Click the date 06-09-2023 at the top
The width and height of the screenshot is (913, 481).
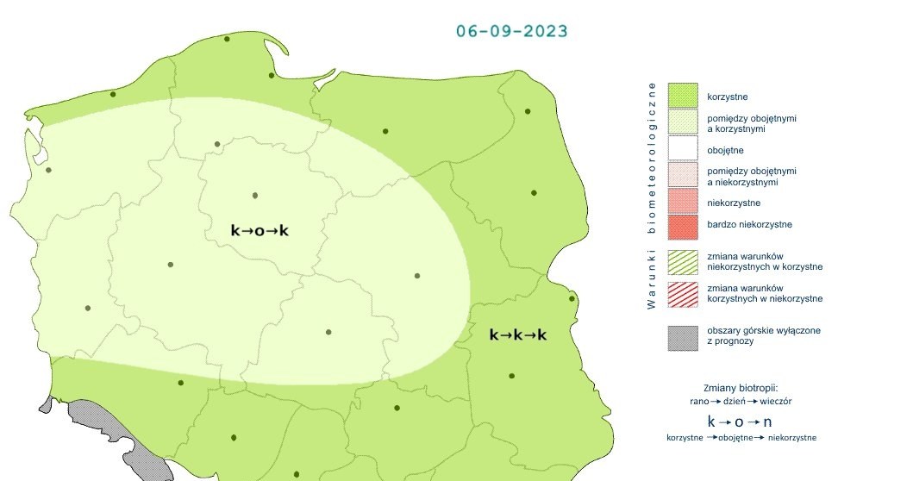tap(511, 31)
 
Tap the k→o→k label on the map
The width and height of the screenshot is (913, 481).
tap(259, 230)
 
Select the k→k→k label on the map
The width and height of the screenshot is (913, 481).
tap(518, 334)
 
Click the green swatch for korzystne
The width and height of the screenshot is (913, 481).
tap(682, 95)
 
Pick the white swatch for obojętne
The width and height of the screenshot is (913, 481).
tap(682, 150)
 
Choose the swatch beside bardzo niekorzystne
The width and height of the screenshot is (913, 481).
tap(682, 227)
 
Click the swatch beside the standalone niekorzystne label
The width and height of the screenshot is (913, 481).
tap(682, 203)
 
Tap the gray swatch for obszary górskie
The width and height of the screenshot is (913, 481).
tap(682, 336)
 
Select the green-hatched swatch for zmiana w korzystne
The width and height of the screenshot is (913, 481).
tap(682, 260)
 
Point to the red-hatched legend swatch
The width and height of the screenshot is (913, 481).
tap(682, 293)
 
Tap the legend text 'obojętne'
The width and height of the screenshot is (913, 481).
tap(724, 150)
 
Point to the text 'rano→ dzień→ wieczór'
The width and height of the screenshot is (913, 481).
tap(741, 401)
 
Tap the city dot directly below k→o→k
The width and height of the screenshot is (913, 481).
tap(328, 332)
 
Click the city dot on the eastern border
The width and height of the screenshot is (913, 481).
tap(572, 299)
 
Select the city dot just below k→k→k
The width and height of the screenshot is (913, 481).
tap(512, 376)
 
